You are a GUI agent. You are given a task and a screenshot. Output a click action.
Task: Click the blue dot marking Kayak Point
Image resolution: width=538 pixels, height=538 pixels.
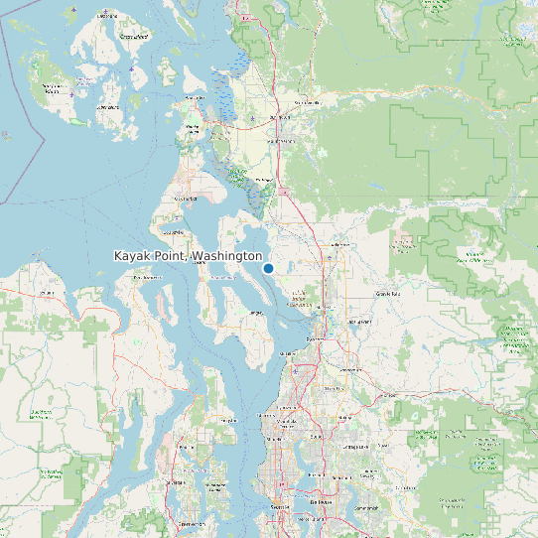(268, 268)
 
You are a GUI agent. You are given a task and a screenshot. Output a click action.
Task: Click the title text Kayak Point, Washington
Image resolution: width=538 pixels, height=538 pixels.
(188, 256)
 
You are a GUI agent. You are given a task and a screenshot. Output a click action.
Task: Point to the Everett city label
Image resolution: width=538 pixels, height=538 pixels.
(316, 338)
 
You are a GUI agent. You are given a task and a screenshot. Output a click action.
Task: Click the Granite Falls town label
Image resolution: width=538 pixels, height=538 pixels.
(387, 294)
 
